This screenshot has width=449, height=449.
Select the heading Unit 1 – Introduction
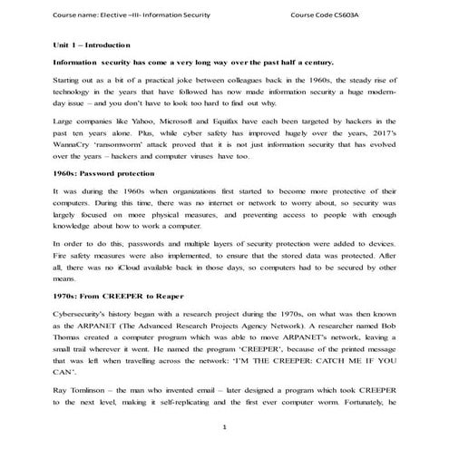(92, 44)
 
